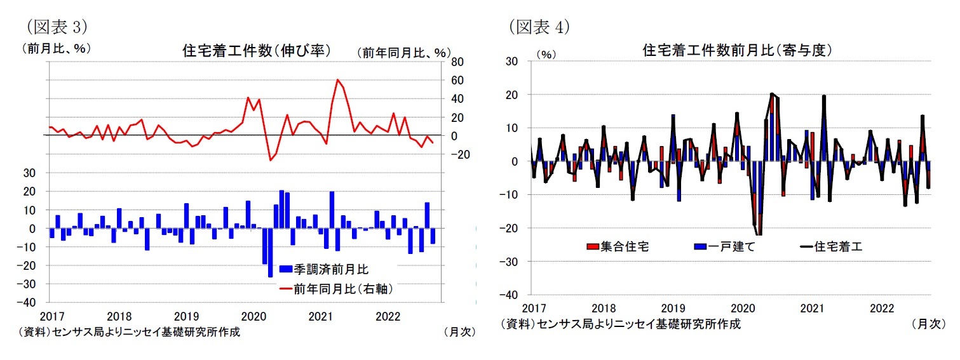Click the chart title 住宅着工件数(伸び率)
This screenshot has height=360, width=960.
(256, 50)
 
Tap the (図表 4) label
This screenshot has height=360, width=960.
(538, 26)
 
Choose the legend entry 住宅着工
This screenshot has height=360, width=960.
(831, 246)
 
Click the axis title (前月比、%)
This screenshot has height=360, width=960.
(56, 48)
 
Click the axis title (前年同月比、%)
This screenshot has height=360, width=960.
(403, 53)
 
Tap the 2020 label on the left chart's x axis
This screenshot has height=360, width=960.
(253, 316)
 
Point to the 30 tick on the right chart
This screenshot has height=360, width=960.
(512, 61)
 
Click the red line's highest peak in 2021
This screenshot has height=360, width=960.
(337, 80)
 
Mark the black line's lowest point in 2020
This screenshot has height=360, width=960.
(759, 234)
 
